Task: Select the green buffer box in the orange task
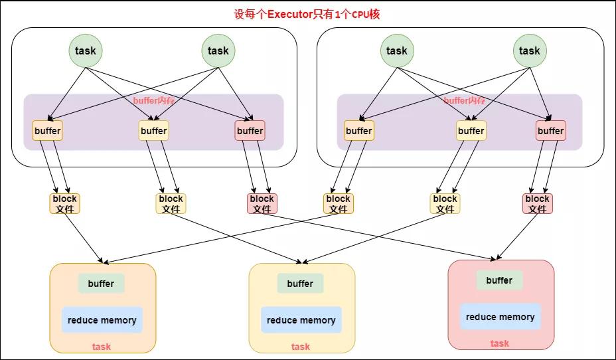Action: (102, 284)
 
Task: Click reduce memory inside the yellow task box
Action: (301, 320)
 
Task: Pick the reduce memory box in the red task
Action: (501, 317)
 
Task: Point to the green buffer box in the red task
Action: (499, 280)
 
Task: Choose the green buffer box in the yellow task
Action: (301, 284)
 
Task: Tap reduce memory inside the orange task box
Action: (102, 320)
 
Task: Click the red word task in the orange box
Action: (102, 347)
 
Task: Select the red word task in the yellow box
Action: (301, 347)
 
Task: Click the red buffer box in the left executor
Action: (250, 130)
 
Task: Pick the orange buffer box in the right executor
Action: (359, 130)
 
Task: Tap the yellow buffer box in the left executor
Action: (154, 130)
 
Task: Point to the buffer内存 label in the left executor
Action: (154, 100)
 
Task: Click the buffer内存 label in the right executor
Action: (465, 100)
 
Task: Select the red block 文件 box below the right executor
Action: (538, 204)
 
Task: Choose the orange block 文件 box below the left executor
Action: (65, 204)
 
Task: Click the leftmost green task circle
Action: (86, 50)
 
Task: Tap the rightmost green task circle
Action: (530, 50)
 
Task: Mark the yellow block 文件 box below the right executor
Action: (445, 204)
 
